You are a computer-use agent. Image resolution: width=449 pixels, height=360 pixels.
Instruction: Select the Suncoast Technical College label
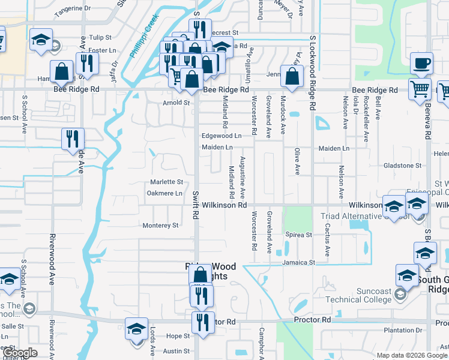(358, 295)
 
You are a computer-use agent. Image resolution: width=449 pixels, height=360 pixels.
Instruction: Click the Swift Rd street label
(196, 204)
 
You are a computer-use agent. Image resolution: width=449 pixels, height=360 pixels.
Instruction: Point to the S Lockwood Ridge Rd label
(312, 72)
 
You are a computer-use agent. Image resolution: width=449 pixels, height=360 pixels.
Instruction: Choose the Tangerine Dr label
(72, 10)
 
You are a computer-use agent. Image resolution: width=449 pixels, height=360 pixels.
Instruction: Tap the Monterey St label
(161, 226)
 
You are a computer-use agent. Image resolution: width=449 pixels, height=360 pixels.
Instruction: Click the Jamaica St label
(300, 263)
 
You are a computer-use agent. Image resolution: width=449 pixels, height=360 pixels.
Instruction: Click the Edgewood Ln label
(221, 136)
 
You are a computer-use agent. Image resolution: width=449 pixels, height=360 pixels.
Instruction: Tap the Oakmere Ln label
(164, 193)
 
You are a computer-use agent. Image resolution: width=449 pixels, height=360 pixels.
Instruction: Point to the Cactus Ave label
(328, 239)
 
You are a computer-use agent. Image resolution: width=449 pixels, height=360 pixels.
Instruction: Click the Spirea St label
(299, 235)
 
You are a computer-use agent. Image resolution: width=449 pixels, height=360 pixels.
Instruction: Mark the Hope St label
(178, 336)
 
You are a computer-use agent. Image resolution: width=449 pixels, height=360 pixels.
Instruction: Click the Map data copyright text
(412, 355)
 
